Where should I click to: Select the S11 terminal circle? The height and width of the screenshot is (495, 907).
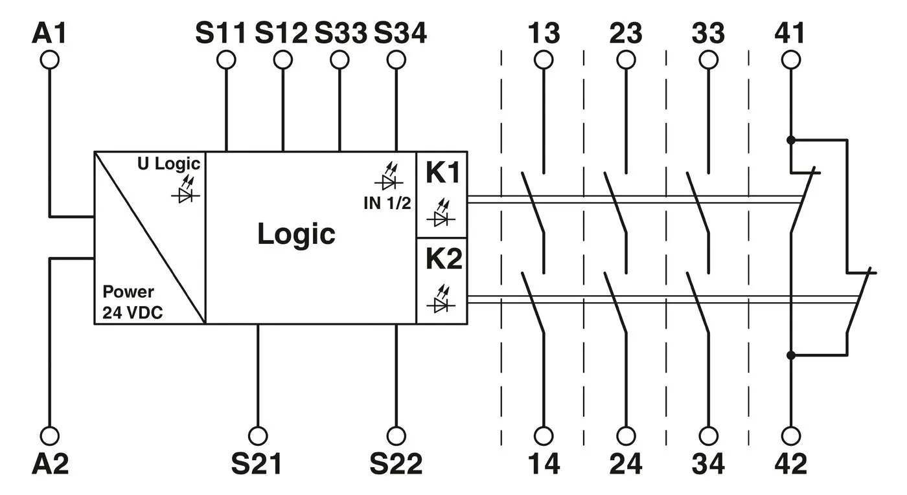click(x=226, y=60)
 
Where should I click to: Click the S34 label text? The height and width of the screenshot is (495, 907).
click(x=400, y=33)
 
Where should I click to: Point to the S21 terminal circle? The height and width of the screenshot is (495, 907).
click(x=258, y=435)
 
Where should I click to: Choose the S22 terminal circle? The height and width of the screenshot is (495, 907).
click(x=396, y=435)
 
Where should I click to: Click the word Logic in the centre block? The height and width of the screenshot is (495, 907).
click(x=296, y=234)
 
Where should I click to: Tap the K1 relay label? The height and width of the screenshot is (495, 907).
click(x=444, y=173)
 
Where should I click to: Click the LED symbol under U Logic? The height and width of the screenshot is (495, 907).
click(x=189, y=191)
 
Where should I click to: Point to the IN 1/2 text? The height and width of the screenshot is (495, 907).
click(x=387, y=203)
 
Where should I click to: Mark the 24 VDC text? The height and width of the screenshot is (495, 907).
click(x=132, y=314)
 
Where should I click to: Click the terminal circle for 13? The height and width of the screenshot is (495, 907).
click(x=544, y=60)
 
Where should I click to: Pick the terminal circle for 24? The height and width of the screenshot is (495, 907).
click(x=626, y=435)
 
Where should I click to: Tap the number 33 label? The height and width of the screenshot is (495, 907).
click(x=708, y=33)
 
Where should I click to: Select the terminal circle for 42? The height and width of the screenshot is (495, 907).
click(x=790, y=435)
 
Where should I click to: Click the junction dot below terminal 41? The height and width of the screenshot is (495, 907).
click(x=790, y=140)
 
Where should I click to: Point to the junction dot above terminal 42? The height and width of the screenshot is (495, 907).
click(x=790, y=355)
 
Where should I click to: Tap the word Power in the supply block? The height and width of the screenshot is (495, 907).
click(x=128, y=292)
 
